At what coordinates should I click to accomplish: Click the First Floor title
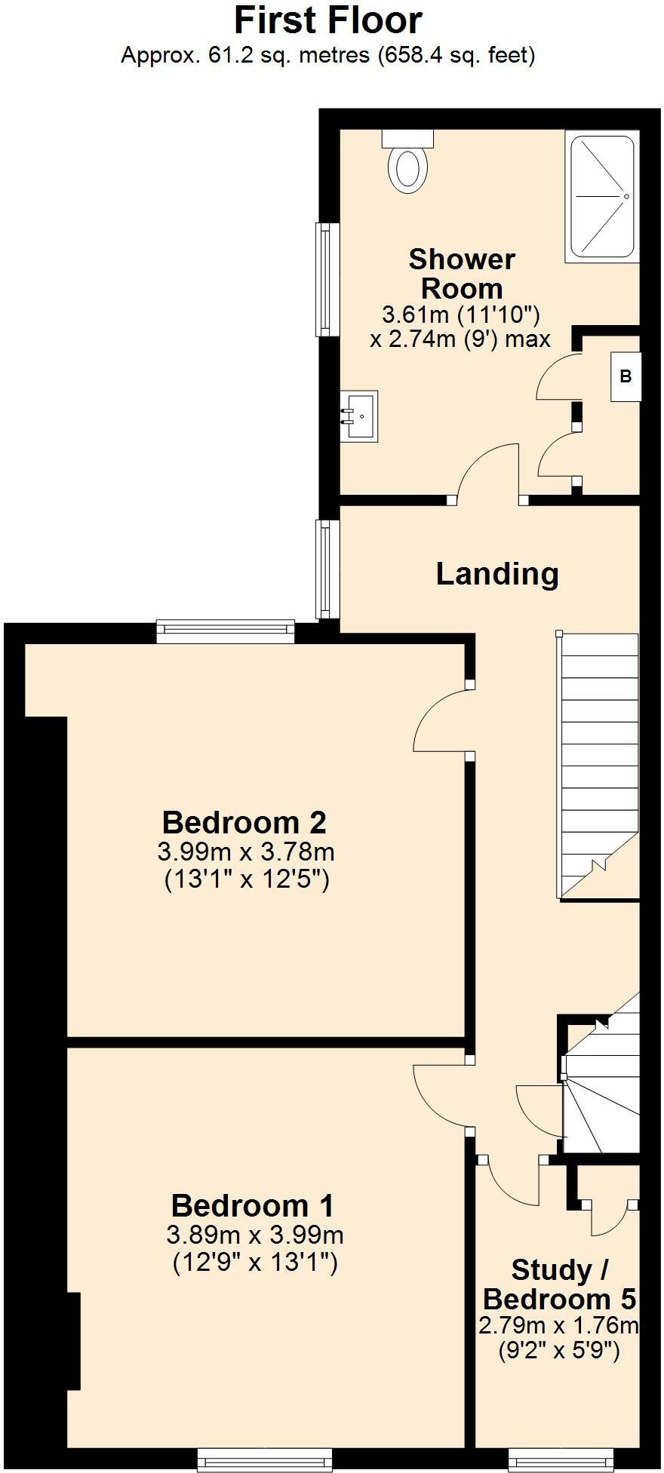tap(327, 21)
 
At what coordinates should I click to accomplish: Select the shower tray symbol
tap(602, 196)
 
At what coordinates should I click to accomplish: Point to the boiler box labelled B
tap(626, 376)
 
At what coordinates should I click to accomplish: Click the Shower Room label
tap(462, 274)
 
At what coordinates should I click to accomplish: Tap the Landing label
tap(497, 574)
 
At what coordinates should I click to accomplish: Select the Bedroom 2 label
tap(244, 821)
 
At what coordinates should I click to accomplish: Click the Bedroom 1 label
tap(252, 1205)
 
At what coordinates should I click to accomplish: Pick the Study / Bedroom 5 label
tap(559, 1284)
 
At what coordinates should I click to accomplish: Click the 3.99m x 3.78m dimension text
tap(246, 852)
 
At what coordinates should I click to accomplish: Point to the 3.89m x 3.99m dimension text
tap(255, 1235)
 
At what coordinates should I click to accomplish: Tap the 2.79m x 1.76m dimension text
tap(559, 1325)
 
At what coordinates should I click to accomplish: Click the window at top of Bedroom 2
tap(226, 631)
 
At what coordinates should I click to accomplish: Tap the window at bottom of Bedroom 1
tap(264, 1460)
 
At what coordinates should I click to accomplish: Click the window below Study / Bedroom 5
tap(560, 1460)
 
